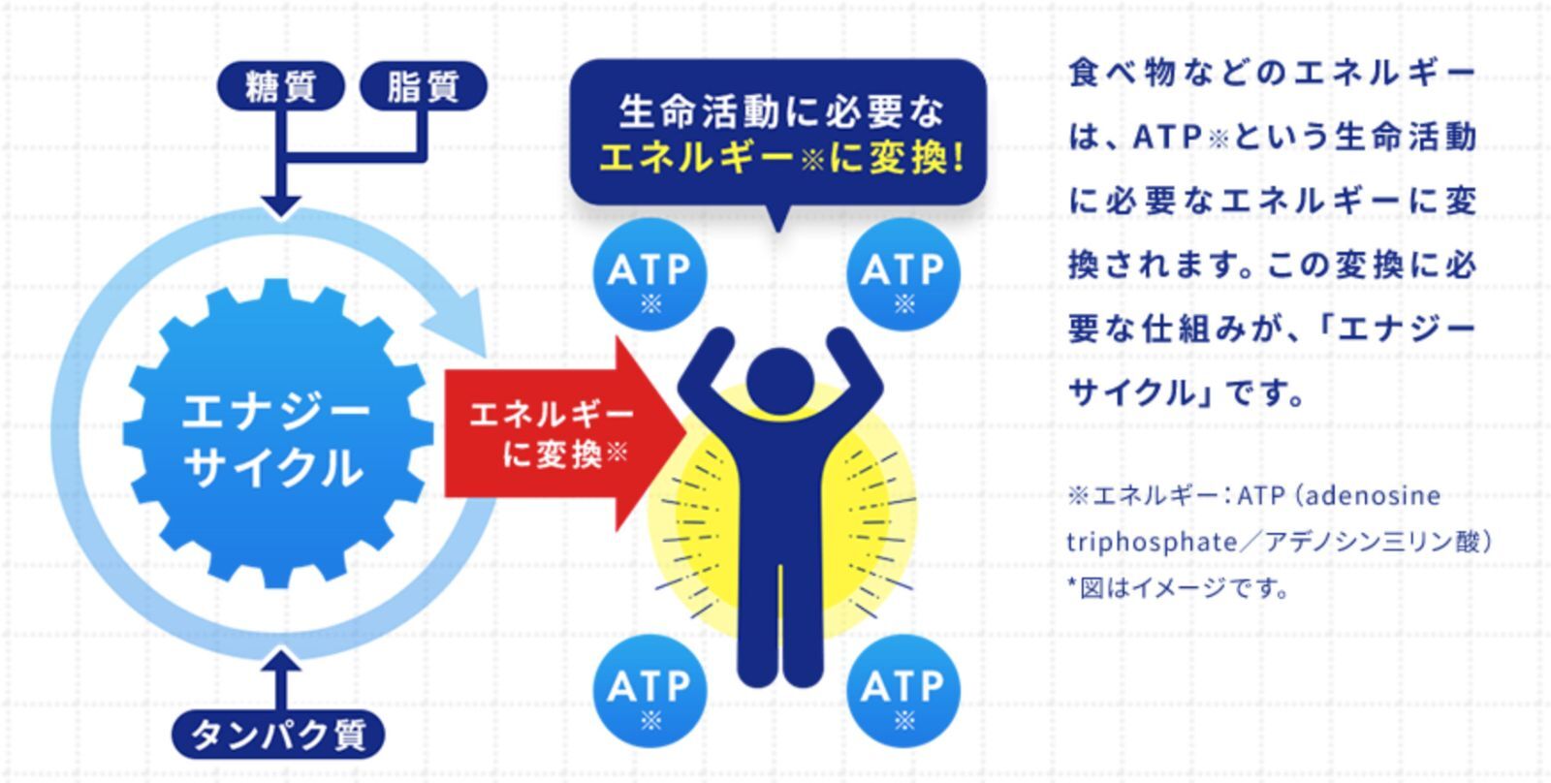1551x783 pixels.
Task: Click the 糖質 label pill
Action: [281, 86]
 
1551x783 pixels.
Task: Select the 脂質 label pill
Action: [424, 86]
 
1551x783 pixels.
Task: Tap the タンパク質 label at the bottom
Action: [278, 735]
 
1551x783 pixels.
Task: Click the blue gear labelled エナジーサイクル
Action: [277, 434]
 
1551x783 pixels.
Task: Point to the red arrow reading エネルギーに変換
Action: [564, 434]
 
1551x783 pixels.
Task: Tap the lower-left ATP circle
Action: [649, 692]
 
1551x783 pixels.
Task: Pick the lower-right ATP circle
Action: [902, 692]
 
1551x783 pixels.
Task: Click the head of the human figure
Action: [780, 382]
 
